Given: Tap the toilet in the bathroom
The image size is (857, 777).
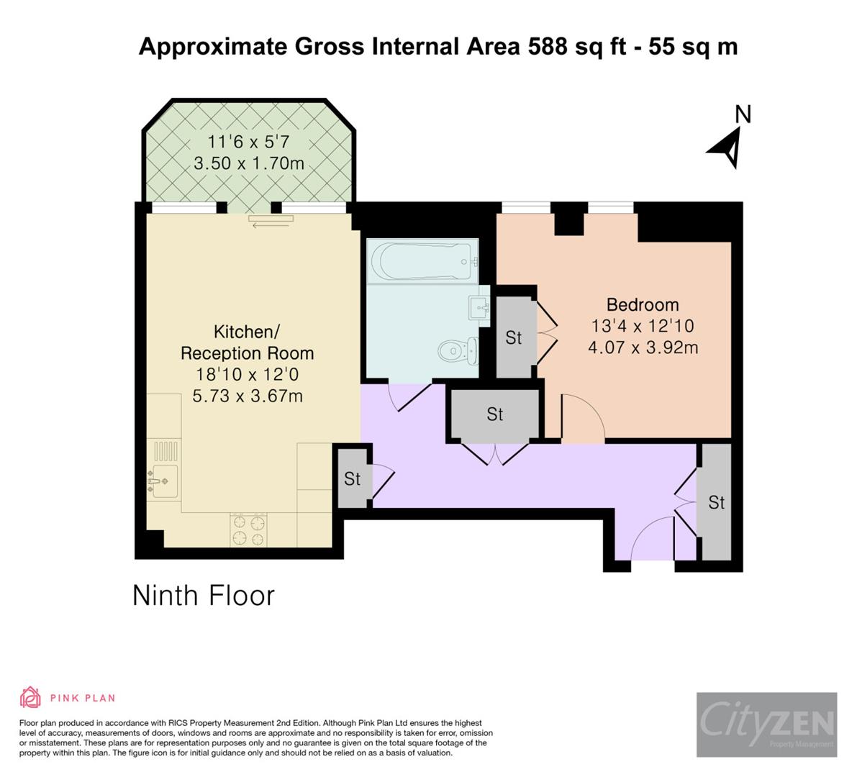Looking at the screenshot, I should [x=458, y=351].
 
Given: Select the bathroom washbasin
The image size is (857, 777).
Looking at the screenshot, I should [x=479, y=308].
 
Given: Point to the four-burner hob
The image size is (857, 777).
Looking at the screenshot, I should [x=248, y=530].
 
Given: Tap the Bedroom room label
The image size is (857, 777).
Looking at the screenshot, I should [x=643, y=304].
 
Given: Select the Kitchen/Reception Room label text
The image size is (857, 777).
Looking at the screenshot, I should [x=247, y=342].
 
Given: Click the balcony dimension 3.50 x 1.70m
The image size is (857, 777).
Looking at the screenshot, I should [x=249, y=163].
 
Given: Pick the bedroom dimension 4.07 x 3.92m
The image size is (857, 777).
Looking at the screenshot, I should [x=643, y=347].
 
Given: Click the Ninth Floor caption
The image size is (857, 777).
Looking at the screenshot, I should [x=204, y=596].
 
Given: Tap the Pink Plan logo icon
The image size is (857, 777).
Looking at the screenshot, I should [x=30, y=697].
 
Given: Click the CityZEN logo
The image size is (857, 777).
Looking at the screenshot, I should [x=766, y=724].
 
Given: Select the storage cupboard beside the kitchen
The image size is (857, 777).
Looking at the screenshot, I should [x=352, y=478].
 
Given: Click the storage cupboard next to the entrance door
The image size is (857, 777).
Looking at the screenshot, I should [x=716, y=502].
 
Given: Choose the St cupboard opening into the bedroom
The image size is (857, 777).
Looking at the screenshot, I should [x=514, y=337].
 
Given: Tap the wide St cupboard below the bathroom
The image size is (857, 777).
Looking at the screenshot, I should [x=494, y=414].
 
